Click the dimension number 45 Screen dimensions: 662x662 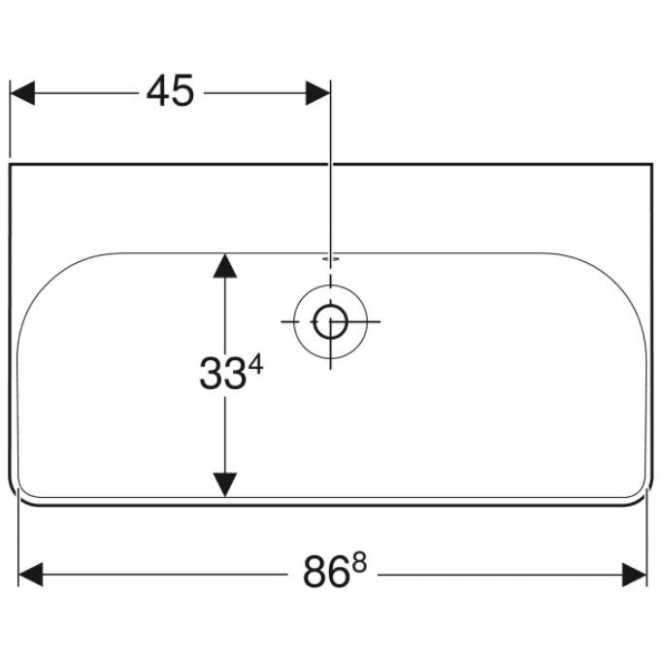(170, 90)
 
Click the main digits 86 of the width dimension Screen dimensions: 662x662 (326, 572)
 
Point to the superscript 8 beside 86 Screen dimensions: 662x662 (360, 562)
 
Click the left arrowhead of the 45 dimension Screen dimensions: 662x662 (22, 93)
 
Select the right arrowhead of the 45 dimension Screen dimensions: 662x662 (318, 93)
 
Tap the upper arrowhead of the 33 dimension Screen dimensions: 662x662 (225, 266)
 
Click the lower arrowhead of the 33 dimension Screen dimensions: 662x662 (225, 484)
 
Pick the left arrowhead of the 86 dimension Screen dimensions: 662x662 (31, 575)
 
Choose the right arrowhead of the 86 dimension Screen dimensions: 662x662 (634, 575)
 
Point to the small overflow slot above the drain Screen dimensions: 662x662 (331, 258)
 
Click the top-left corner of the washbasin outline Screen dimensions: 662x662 (10, 164)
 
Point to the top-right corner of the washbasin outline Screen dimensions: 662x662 (652, 164)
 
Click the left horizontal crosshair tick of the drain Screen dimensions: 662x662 (290, 321)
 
